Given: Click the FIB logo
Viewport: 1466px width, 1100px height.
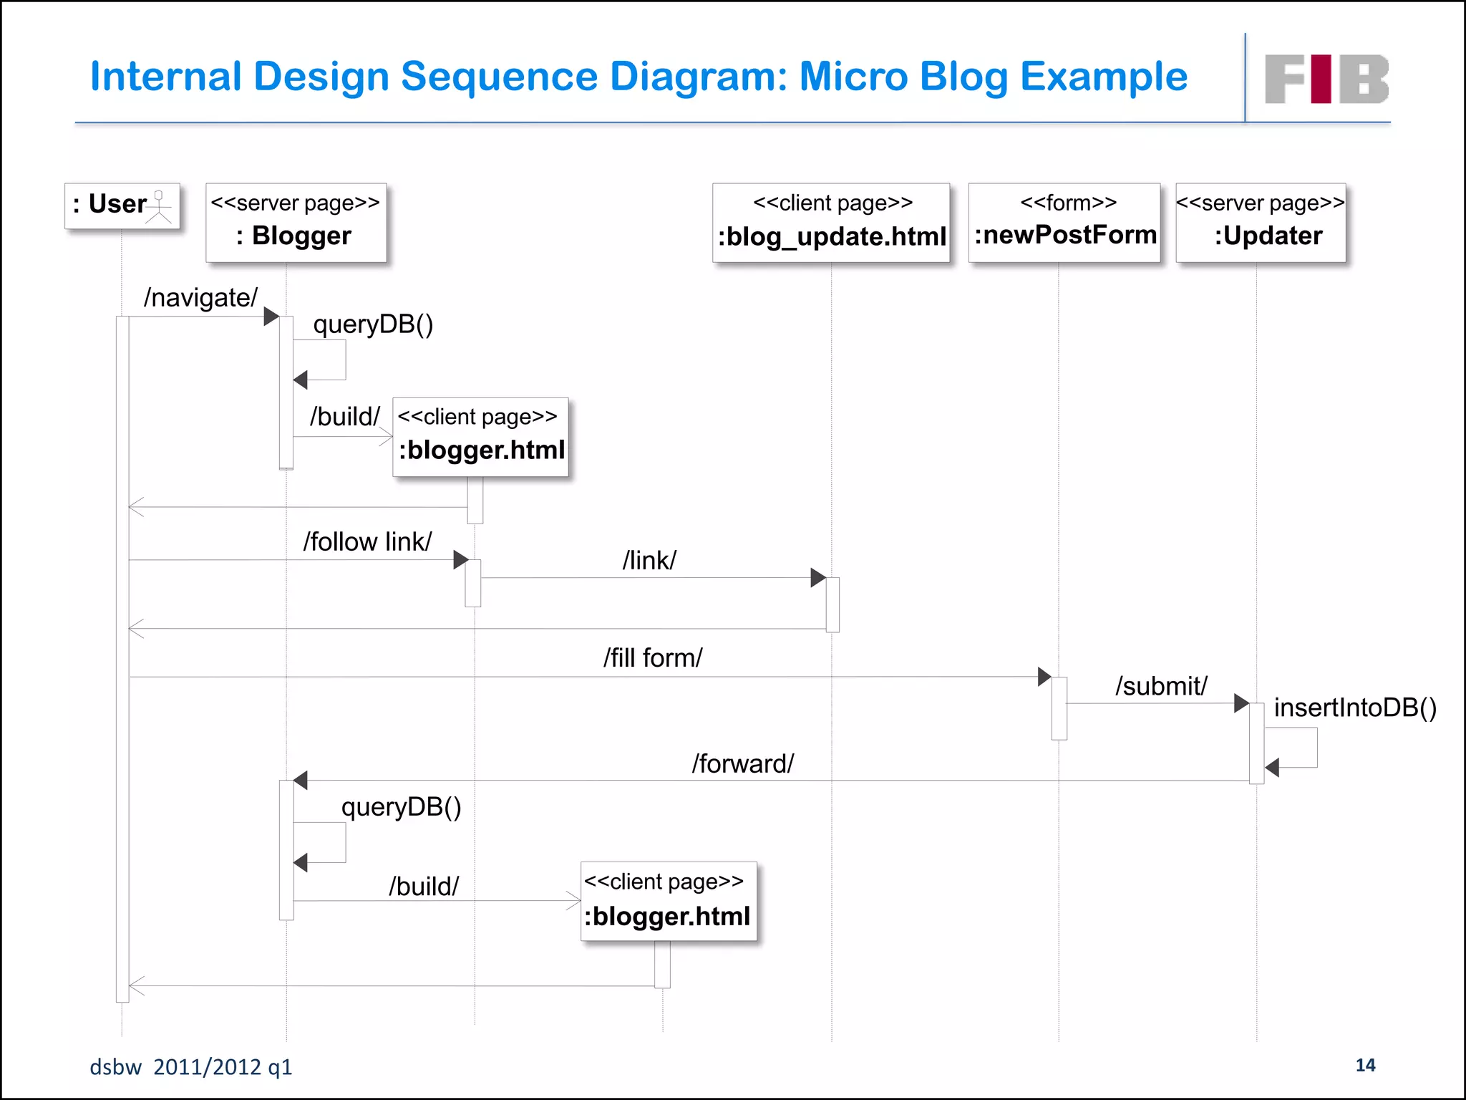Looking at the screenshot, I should tap(1326, 79).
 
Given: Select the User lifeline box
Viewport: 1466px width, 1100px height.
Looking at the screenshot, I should tap(122, 206).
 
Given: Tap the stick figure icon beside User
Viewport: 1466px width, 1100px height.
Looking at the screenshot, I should tap(159, 207).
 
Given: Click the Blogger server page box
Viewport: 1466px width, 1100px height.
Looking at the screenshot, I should tap(296, 222).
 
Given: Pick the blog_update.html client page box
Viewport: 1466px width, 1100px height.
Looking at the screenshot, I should tap(831, 222).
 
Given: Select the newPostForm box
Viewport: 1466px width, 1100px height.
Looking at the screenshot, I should tap(1064, 222).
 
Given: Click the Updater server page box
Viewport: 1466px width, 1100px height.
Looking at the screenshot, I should tap(1261, 222).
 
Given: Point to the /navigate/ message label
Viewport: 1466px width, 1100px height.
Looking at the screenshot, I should tap(200, 297).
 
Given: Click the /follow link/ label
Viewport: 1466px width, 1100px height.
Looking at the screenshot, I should tap(367, 541).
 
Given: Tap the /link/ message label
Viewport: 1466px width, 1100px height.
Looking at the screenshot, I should tap(649, 560).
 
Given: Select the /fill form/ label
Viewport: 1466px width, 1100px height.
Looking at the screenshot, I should tap(653, 657).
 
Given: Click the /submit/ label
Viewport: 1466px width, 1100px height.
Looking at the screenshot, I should tap(1161, 685).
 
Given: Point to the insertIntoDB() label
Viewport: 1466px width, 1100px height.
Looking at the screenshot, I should tap(1355, 708).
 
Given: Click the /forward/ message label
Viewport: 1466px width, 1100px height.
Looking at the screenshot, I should tap(742, 763).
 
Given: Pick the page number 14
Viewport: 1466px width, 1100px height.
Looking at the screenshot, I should tap(1365, 1065).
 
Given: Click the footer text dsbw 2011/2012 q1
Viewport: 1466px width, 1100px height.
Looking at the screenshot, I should tap(190, 1067).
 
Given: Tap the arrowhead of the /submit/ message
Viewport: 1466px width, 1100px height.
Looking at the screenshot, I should tap(1241, 703).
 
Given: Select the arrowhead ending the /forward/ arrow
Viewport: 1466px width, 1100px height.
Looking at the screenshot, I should tap(301, 781).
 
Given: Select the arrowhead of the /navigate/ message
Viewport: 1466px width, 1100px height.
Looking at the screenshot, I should tap(271, 317).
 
